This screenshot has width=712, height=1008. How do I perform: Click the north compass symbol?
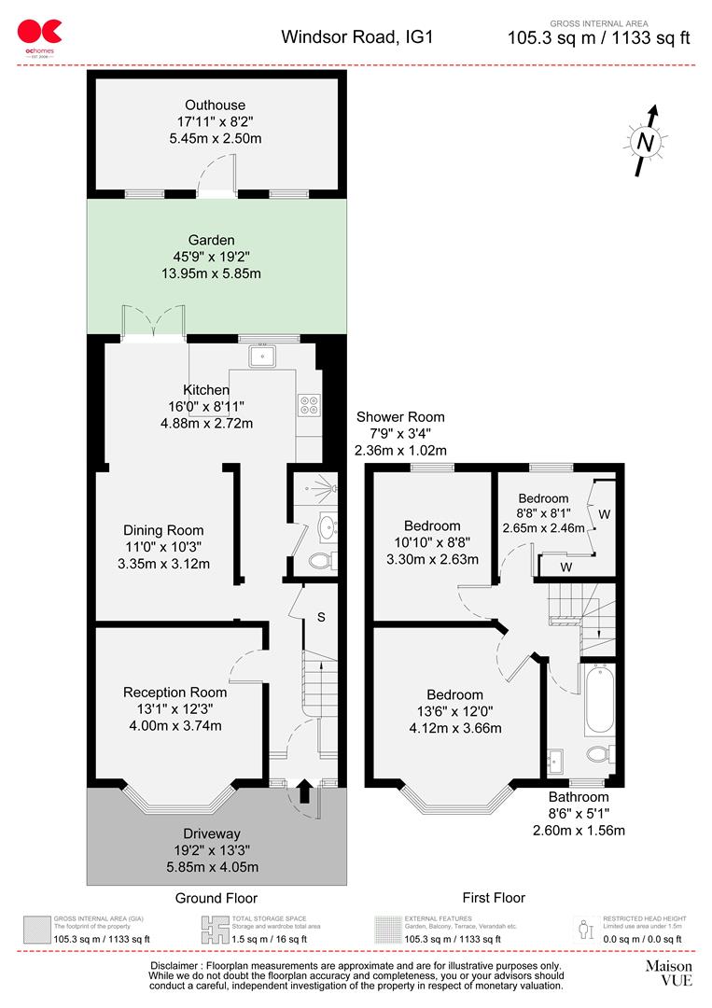pyautogui.click(x=645, y=142)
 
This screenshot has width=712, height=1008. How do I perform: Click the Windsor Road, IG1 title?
pyautogui.click(x=357, y=37)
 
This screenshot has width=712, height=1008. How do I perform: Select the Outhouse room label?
pyautogui.click(x=215, y=105)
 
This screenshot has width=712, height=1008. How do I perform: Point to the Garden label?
pyautogui.click(x=210, y=240)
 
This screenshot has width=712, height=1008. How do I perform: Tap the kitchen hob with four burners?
pyautogui.click(x=308, y=404)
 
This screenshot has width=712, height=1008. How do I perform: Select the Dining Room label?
pyautogui.click(x=163, y=530)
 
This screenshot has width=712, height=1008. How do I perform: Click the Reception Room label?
pyautogui.click(x=175, y=693)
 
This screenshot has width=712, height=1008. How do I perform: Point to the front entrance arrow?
pyautogui.click(x=302, y=792)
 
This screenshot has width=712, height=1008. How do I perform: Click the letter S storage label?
pyautogui.click(x=321, y=618)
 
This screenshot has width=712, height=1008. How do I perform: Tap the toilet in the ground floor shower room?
pyautogui.click(x=321, y=561)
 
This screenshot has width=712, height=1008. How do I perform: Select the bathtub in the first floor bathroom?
pyautogui.click(x=596, y=699)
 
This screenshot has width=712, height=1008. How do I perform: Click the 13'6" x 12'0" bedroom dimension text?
pyautogui.click(x=455, y=711)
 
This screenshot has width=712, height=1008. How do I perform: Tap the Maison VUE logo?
pyautogui.click(x=669, y=973)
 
